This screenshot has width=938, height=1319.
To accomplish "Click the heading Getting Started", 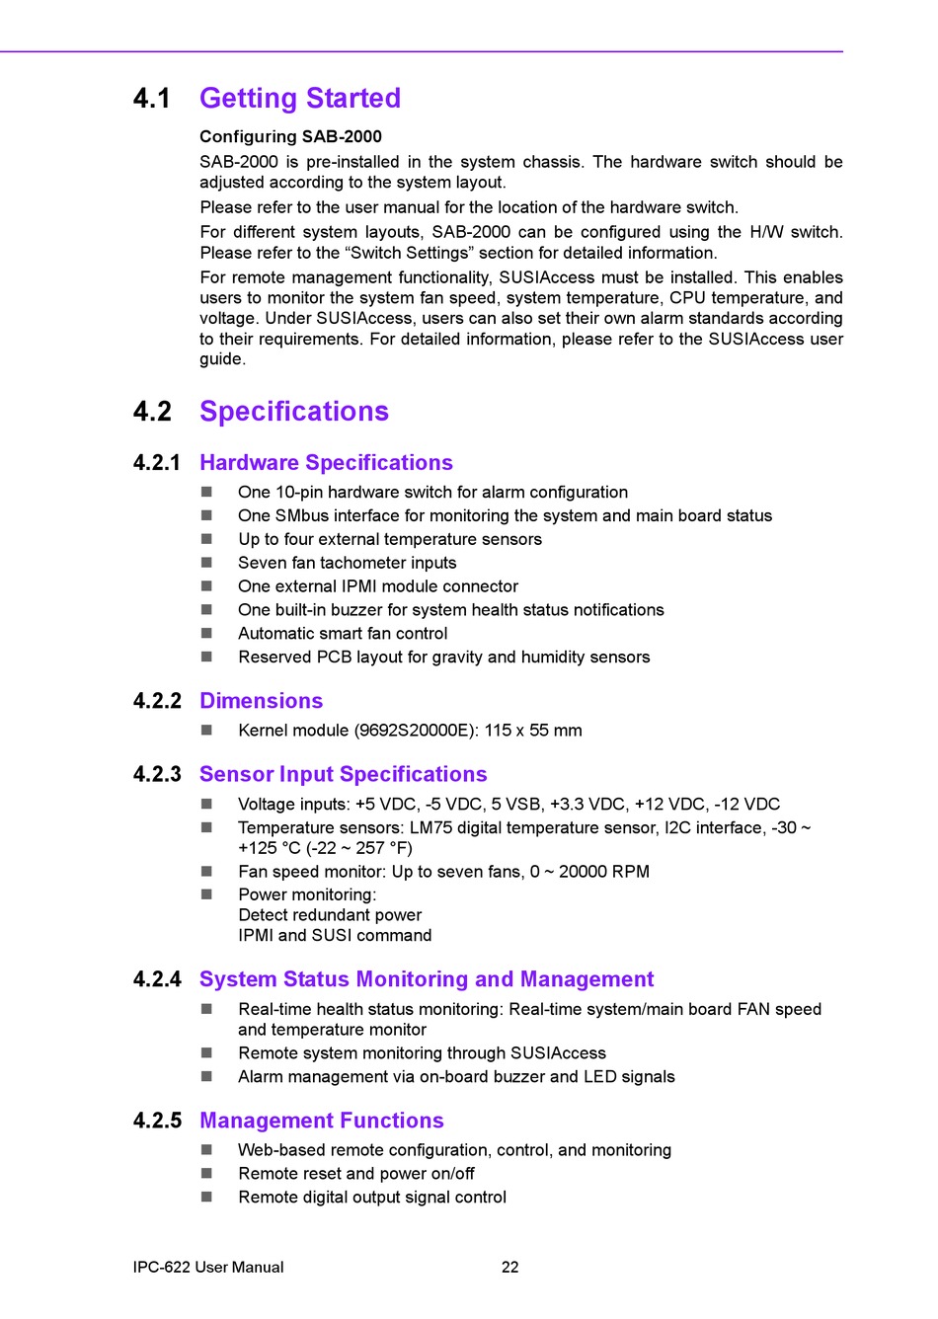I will coord(299,99).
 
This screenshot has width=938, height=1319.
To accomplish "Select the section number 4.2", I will coord(152,412).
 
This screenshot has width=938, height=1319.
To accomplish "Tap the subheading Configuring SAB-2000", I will coord(290,136).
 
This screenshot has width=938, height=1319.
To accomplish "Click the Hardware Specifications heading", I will coord(326,463).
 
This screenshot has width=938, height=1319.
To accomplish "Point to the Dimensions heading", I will coord(261,701).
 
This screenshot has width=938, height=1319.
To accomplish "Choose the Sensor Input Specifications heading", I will coord(343,775).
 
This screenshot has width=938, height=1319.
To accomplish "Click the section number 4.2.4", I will coord(157,979).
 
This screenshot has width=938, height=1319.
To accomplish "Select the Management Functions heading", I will coord(321,1121).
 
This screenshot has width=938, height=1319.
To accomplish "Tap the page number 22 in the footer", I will coord(509,1267).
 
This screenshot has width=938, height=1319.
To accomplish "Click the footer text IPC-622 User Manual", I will coord(208,1267).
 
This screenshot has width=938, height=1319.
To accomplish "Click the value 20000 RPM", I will coord(603,872).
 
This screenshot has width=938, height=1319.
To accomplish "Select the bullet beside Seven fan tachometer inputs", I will coord(207,563).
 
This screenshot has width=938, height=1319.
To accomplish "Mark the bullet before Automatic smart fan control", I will coord(207,634).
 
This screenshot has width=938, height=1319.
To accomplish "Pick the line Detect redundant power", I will coord(330,915).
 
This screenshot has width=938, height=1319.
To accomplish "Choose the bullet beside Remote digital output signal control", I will coord(207,1198).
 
